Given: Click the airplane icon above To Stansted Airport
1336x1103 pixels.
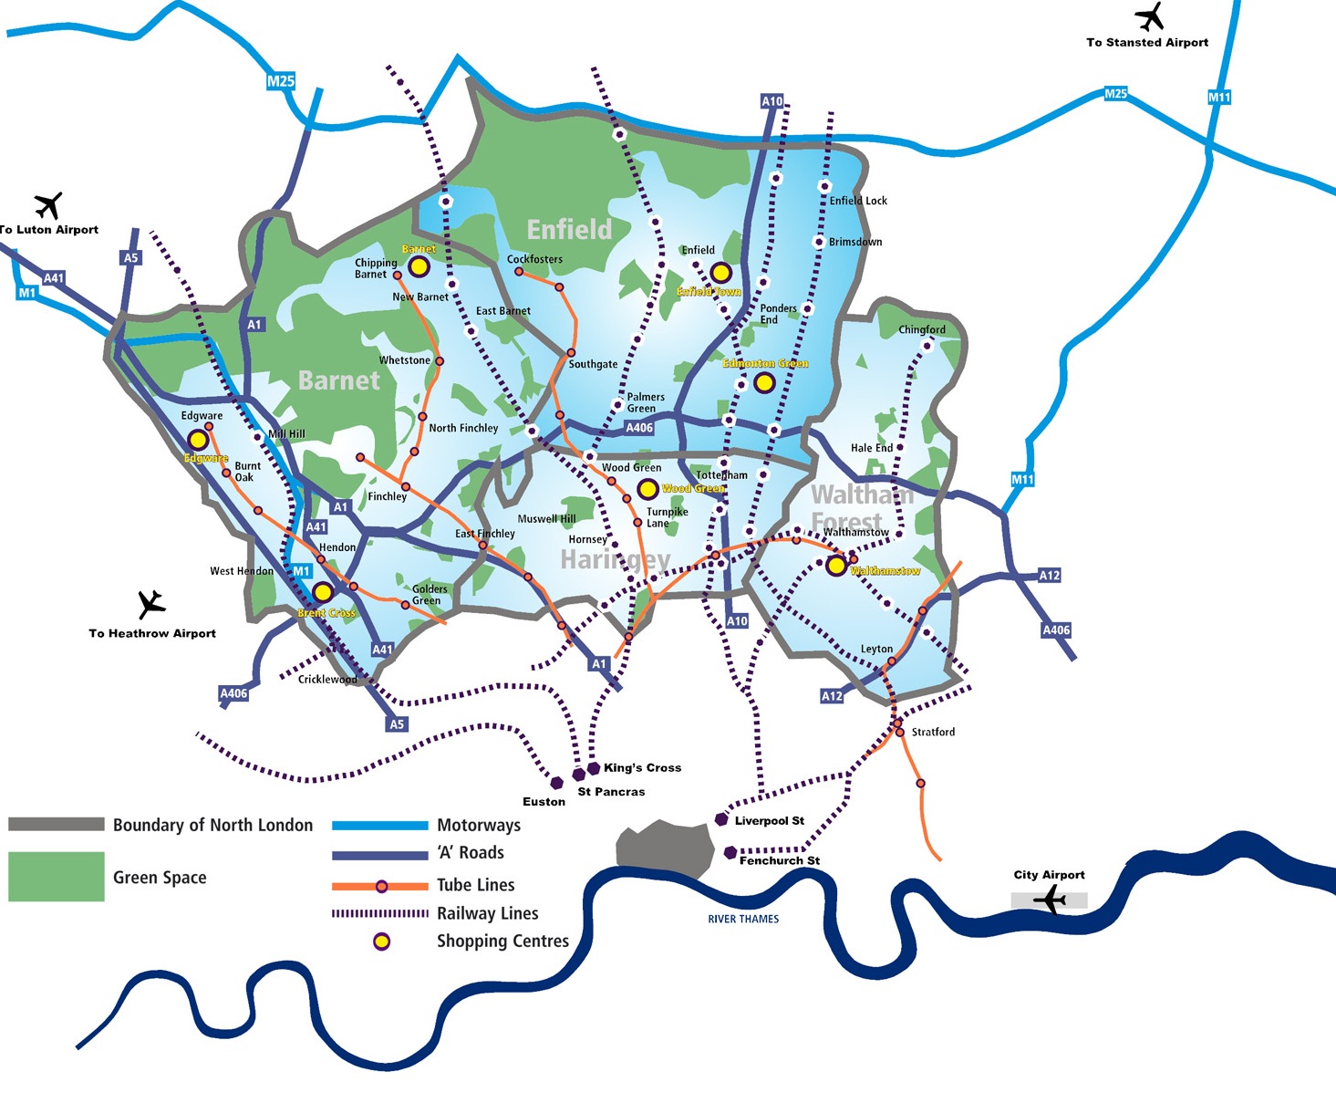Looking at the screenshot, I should click(x=1149, y=17).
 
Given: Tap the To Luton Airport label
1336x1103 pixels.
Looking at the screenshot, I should click(x=49, y=230).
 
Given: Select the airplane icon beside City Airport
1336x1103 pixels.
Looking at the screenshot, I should click(x=1050, y=900).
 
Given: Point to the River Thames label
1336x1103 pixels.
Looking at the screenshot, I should click(x=743, y=919).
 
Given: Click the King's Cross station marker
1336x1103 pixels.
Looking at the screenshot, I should click(x=594, y=768).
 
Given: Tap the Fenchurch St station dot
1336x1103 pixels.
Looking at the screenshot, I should click(x=730, y=852).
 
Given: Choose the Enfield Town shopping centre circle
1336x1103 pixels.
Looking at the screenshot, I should click(x=720, y=272).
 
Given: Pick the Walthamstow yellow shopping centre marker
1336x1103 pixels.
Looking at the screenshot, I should click(x=835, y=566).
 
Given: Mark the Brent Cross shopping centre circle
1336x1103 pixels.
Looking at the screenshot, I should click(x=322, y=592).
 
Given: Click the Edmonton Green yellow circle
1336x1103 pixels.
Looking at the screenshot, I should click(x=764, y=382).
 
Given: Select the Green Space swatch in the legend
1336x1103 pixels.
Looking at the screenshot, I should click(x=56, y=877).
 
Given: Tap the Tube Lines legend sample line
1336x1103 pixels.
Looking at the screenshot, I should click(x=380, y=886).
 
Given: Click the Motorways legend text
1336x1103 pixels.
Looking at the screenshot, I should click(x=479, y=825).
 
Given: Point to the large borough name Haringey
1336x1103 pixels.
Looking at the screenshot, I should click(x=615, y=559).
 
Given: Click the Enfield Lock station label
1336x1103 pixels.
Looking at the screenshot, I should click(x=858, y=201).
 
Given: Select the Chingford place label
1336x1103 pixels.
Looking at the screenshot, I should click(x=922, y=329).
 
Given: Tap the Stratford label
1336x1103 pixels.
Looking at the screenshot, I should click(x=933, y=732).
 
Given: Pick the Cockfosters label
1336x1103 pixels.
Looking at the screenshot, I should click(x=534, y=259).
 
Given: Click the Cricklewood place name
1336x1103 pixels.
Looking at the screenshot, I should click(x=327, y=680).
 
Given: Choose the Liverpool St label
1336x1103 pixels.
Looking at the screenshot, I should click(x=769, y=821).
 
